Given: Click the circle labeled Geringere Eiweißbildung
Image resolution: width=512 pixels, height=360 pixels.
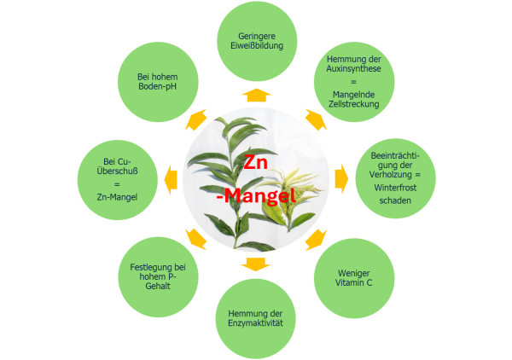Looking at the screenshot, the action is (x=257, y=41).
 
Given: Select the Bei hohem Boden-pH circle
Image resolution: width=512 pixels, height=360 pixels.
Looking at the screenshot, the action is (x=158, y=82).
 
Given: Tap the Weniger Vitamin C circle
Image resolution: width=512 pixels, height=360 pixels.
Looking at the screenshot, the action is (x=354, y=278).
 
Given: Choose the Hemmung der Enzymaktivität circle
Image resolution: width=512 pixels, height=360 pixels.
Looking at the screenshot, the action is (x=255, y=318).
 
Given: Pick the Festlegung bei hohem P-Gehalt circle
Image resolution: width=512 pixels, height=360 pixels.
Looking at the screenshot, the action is (x=158, y=276).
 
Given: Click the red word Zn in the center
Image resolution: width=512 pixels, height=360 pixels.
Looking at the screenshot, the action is (x=255, y=162).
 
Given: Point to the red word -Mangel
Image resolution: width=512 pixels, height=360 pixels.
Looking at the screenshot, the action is (x=256, y=196).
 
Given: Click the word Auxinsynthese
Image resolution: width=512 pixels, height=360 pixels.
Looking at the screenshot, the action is (x=353, y=68).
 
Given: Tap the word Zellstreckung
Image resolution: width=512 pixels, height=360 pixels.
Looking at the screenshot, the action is (x=353, y=104).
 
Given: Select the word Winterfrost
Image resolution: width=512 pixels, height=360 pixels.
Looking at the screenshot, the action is (x=395, y=188).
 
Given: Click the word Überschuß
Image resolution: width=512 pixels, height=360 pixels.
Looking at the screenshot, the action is (x=117, y=171).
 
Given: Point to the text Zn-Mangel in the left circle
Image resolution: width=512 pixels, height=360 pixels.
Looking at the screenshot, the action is (x=117, y=197).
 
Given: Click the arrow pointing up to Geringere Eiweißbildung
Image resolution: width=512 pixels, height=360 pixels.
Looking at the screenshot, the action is (x=256, y=95).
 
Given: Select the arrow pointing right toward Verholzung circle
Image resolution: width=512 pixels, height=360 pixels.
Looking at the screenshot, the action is (x=341, y=179).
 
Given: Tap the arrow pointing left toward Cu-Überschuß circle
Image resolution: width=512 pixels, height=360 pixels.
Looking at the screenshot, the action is (x=171, y=180).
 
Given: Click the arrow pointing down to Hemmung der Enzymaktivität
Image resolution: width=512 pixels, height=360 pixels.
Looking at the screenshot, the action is (x=256, y=264).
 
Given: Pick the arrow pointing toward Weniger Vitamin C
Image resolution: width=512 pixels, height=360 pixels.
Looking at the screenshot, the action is (x=316, y=240).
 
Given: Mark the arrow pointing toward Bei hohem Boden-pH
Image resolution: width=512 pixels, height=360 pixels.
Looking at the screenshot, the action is (x=196, y=119).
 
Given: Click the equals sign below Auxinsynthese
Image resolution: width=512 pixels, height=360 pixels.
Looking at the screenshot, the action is (x=353, y=82).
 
